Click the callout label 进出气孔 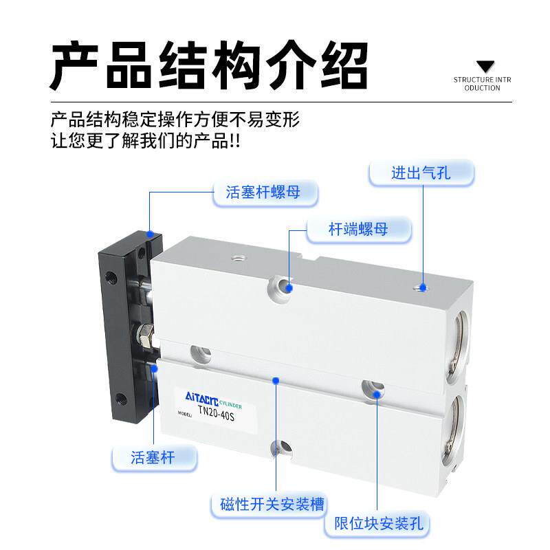point(421,173)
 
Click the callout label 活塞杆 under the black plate point(153,457)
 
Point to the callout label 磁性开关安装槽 point(272,505)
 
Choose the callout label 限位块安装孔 point(378,523)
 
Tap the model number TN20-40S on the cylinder point(216,412)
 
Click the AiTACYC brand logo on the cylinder point(201,399)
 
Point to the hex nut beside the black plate point(145,335)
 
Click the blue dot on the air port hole point(423,287)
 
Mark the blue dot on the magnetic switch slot point(276,381)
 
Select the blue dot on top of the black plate point(150,234)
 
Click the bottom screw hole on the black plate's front point(121,399)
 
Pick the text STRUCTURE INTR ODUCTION point(483,84)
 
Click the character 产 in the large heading point(76,65)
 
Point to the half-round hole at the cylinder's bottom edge point(281,449)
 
